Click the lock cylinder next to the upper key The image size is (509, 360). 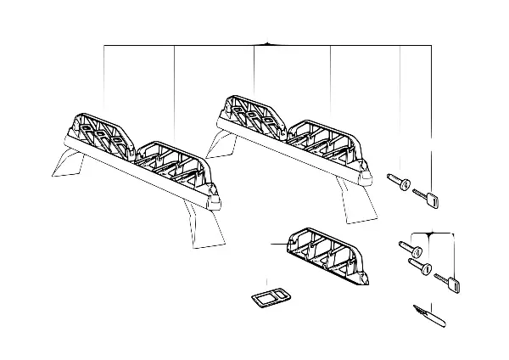[x=400, y=182]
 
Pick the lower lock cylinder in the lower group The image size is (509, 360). [x=420, y=268]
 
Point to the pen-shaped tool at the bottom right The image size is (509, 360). [x=430, y=314]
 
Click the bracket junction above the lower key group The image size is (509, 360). [x=431, y=233]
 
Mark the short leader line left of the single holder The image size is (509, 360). [x=280, y=244]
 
